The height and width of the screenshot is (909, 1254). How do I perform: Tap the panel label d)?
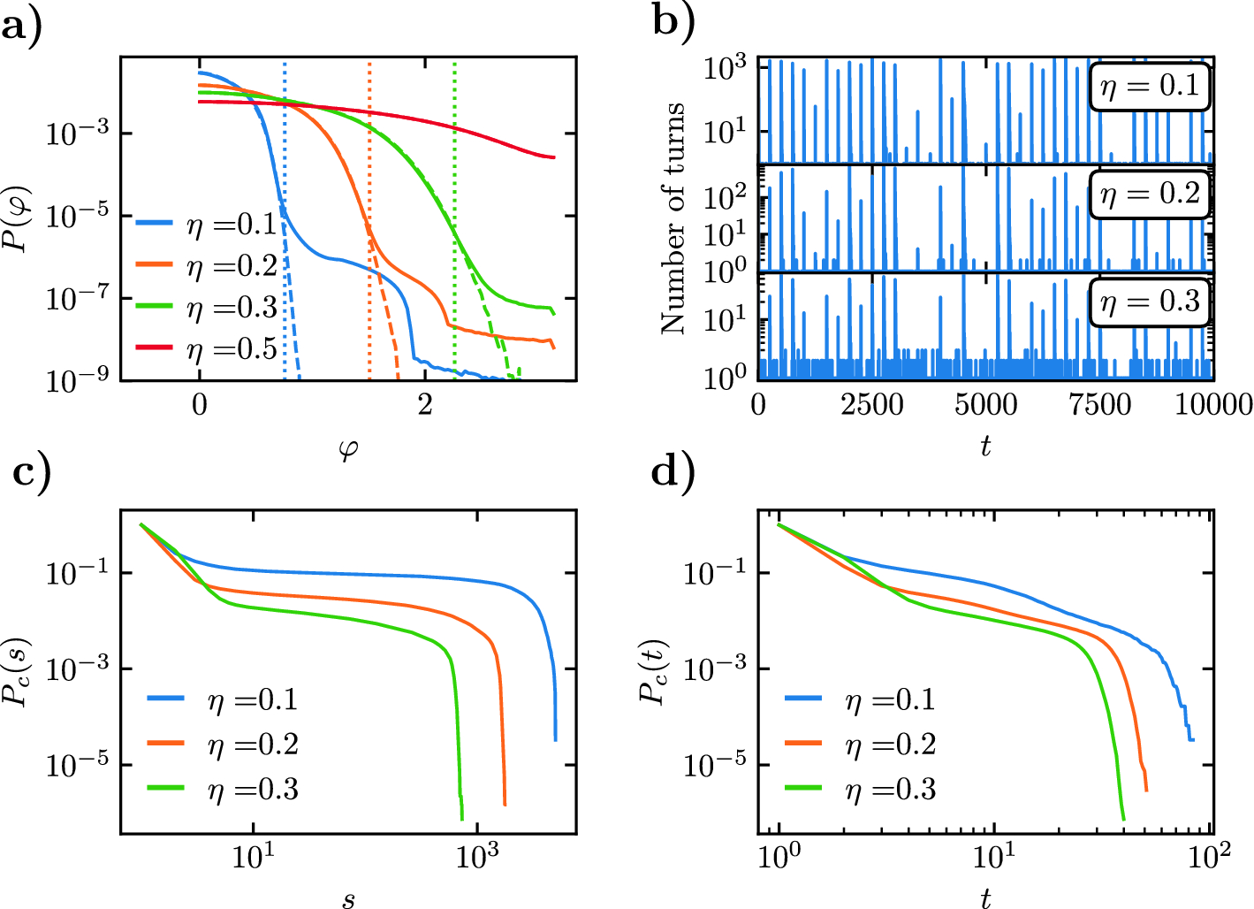pyautogui.click(x=673, y=472)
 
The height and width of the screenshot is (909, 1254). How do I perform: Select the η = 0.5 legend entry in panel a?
pyautogui.click(x=209, y=349)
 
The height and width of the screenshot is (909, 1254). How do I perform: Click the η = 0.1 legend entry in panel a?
pyautogui.click(x=209, y=225)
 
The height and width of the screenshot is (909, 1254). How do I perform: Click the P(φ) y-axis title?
pyautogui.click(x=19, y=218)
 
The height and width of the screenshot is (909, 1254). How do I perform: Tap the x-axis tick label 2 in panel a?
pyautogui.click(x=425, y=405)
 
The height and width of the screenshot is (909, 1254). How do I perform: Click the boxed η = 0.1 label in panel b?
pyautogui.click(x=1149, y=87)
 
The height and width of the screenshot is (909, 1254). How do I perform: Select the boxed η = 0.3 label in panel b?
pyautogui.click(x=1149, y=302)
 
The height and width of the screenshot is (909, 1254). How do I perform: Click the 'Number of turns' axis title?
pyautogui.click(x=673, y=218)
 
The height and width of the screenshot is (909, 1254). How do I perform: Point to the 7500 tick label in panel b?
pyautogui.click(x=1099, y=405)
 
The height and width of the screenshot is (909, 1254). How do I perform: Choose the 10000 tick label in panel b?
pyautogui.click(x=1212, y=405)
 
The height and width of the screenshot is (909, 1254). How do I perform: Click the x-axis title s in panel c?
pyautogui.click(x=348, y=900)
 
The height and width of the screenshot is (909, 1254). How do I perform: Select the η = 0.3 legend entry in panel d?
pyautogui.click(x=862, y=789)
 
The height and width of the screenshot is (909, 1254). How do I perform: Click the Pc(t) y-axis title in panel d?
pyautogui.click(x=653, y=671)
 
